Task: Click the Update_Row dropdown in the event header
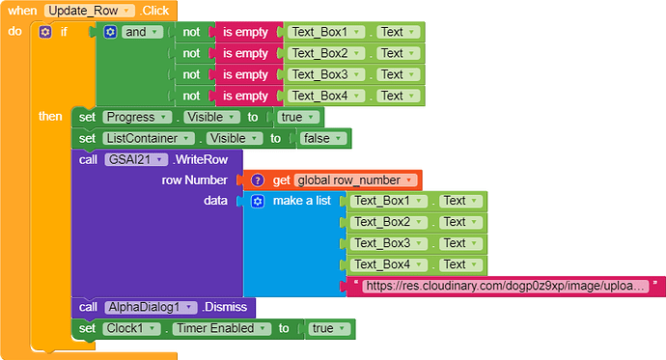click(88, 11)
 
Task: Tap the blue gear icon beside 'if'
click(45, 32)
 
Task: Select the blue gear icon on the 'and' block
click(110, 32)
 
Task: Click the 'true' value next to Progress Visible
click(298, 117)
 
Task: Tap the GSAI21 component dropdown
click(136, 159)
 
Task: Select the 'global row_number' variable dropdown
click(356, 180)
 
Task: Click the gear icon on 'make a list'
click(257, 201)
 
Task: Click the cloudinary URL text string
click(507, 286)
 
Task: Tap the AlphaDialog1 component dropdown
click(151, 307)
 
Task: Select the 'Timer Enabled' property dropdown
click(221, 328)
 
